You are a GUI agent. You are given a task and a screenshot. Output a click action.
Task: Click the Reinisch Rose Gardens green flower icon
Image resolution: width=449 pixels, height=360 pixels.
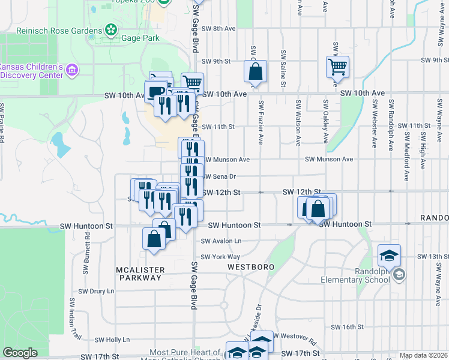(110, 29)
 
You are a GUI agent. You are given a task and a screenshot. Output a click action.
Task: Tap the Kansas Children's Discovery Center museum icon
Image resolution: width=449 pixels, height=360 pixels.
(72, 70)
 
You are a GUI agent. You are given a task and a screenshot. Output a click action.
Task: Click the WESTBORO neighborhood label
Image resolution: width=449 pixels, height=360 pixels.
(250, 266)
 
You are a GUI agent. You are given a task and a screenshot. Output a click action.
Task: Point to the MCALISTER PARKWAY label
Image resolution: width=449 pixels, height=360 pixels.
(139, 274)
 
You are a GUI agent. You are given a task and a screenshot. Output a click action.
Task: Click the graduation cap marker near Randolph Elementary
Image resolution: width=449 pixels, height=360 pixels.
(390, 255)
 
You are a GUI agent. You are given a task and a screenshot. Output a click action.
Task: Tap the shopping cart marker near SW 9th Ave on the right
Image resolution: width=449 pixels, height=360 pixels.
(338, 67)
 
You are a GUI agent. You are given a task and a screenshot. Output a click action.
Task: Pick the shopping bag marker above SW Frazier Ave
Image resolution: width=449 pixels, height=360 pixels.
(255, 71)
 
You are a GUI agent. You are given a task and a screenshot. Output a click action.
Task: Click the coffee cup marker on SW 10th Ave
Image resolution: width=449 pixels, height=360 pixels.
(155, 91)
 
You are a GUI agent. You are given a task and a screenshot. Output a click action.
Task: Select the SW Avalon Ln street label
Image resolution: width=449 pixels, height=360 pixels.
(221, 241)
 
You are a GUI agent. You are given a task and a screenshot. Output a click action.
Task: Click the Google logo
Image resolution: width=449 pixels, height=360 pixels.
(20, 353)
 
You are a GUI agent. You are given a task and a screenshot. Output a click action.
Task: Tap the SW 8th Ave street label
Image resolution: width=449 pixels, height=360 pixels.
(218, 28)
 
